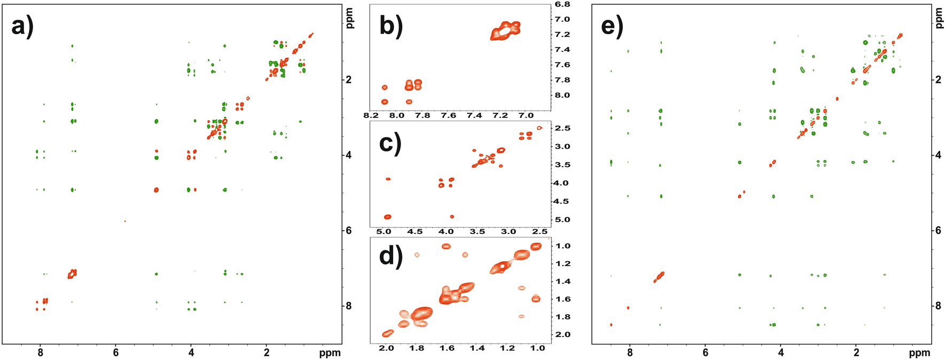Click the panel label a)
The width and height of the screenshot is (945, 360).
tap(22, 26)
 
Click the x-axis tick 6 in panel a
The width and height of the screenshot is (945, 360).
tap(115, 353)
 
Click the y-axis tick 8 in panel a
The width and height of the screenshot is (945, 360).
tap(349, 306)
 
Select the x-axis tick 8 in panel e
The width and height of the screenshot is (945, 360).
tap(630, 353)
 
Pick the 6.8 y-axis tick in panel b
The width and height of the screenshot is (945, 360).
tap(563, 4)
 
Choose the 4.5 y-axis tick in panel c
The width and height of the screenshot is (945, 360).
tap(563, 201)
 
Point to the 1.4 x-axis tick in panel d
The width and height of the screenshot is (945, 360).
tap(477, 348)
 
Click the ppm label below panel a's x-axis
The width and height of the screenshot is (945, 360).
tap(330, 353)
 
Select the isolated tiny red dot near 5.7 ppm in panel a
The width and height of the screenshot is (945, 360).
tap(125, 221)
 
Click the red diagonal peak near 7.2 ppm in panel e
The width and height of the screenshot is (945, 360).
tap(659, 277)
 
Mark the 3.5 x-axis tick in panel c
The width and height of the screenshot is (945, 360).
tap(478, 232)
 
